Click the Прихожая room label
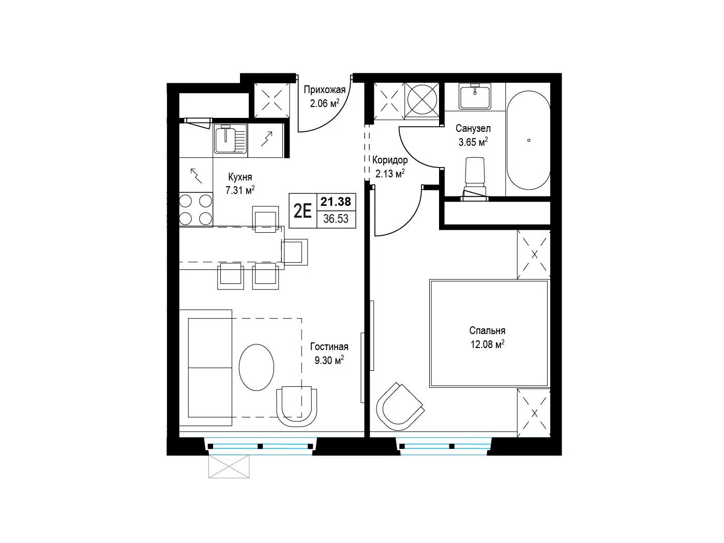[x=324, y=89]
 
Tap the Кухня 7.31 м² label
[x=240, y=184]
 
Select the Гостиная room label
[x=329, y=346]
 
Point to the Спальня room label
[x=487, y=330]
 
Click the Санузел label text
[x=473, y=128]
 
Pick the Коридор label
[x=390, y=160]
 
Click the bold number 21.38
[x=336, y=202]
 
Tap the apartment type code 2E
[x=303, y=211]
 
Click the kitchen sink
[x=230, y=139]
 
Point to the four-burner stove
[x=195, y=209]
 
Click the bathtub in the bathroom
[x=529, y=140]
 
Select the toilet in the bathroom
[x=475, y=178]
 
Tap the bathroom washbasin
[x=475, y=96]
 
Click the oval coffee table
[x=257, y=367]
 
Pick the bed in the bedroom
[x=489, y=334]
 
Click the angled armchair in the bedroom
[x=399, y=406]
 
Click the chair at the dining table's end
[x=294, y=252]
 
